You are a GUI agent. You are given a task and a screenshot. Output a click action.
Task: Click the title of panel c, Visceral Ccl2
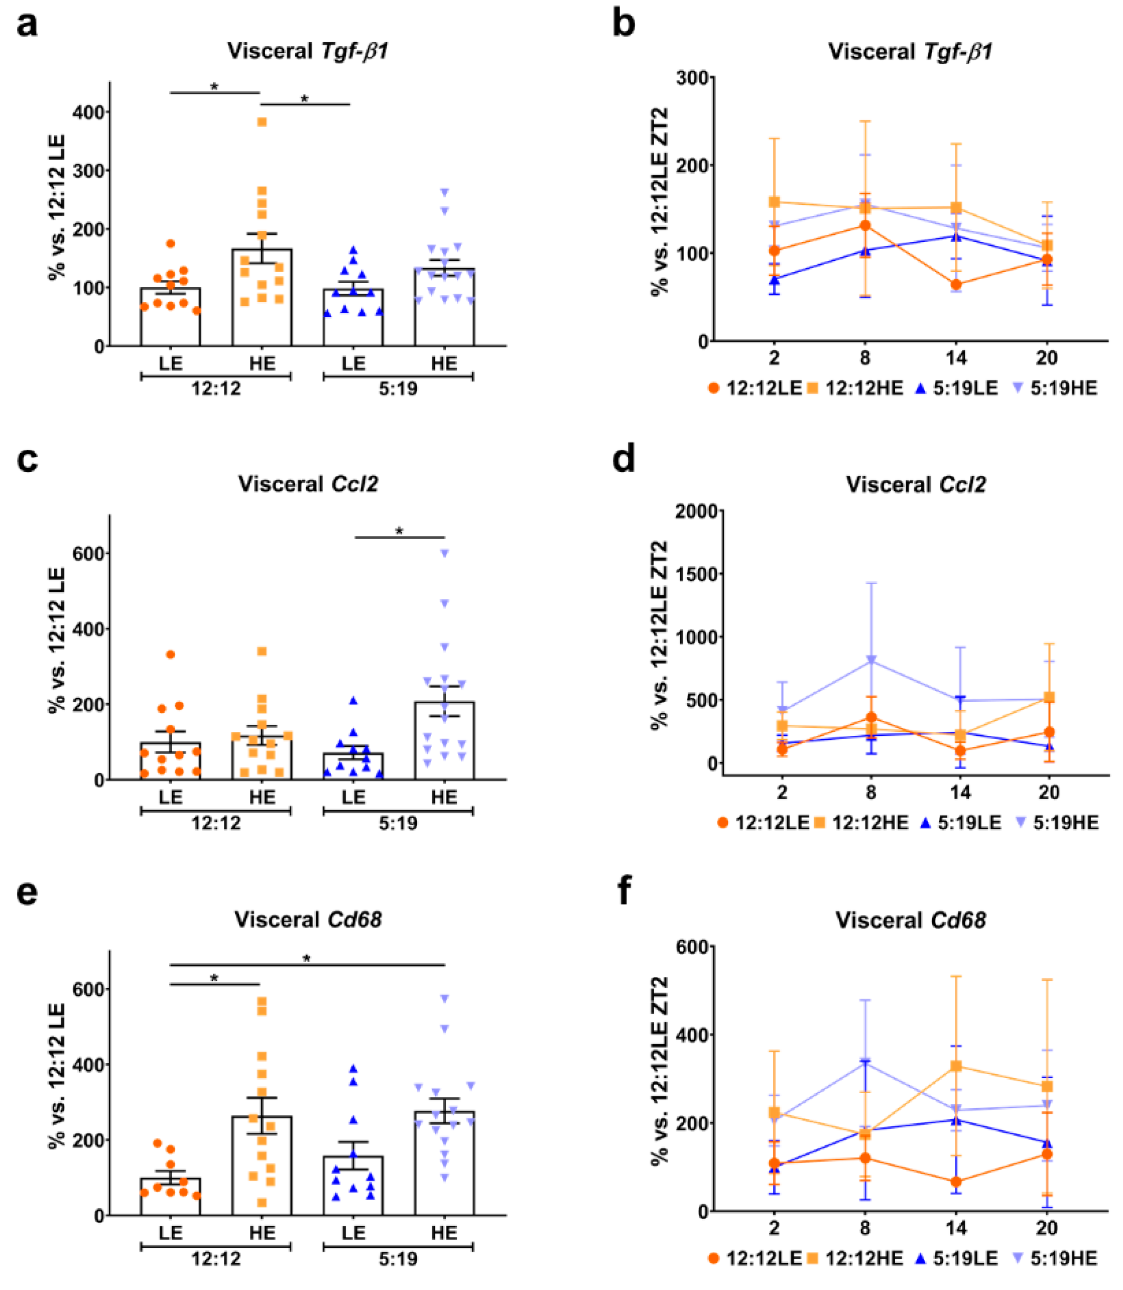[308, 484]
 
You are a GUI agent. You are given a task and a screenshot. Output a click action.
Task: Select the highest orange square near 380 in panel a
[262, 122]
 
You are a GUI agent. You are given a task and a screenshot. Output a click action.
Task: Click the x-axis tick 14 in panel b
[956, 358]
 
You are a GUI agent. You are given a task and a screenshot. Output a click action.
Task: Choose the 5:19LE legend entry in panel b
[957, 389]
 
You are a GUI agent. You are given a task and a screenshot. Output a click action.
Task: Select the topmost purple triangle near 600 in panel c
[444, 553]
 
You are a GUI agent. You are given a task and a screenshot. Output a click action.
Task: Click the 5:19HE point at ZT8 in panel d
[871, 661]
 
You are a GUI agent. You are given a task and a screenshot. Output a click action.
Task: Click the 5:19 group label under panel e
[398, 1259]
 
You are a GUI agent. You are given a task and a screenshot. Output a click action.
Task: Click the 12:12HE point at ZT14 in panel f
[956, 1066]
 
